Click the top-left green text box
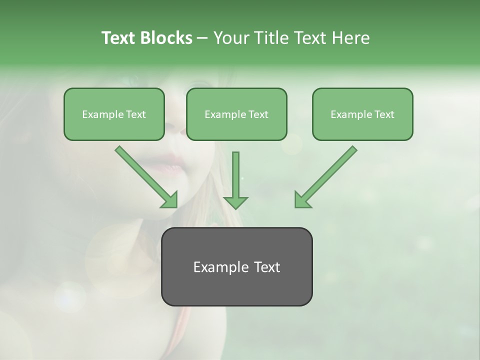tap(114, 114)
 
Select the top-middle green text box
tap(236, 114)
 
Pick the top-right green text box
tap(362, 114)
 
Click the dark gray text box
tap(236, 266)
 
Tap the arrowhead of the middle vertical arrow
tap(235, 201)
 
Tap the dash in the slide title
tap(202, 38)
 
